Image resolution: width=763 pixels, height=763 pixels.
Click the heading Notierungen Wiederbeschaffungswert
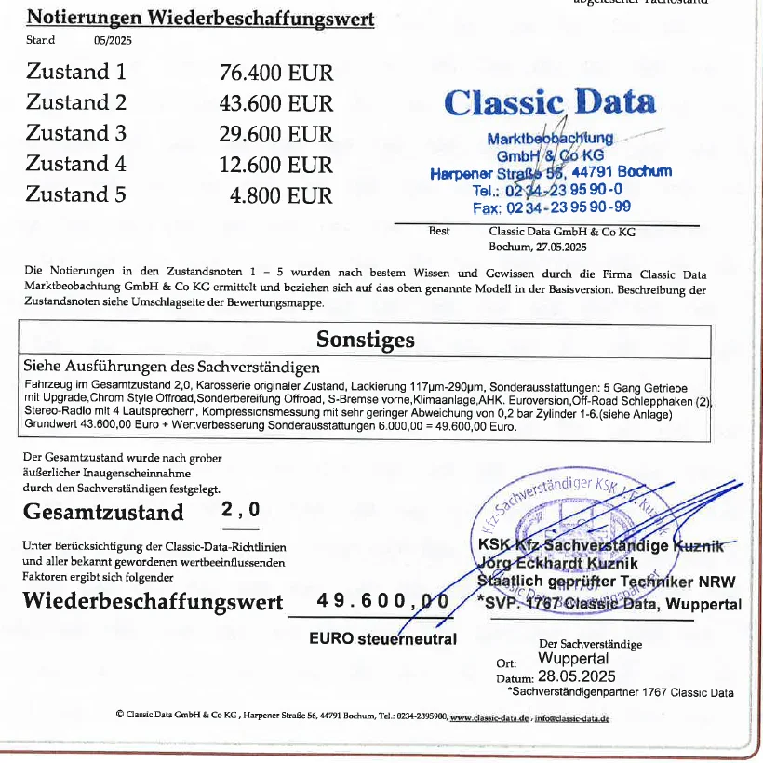click(x=200, y=18)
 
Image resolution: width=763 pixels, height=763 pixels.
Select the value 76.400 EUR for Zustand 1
click(x=275, y=73)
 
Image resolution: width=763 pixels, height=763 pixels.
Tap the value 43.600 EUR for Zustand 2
click(x=275, y=103)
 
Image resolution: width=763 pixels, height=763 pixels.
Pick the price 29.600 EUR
click(x=275, y=134)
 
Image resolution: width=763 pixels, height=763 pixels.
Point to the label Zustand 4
click(x=75, y=165)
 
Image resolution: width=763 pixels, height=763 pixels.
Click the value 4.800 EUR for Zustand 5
click(x=281, y=195)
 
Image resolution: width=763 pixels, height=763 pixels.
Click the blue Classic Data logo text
click(x=550, y=101)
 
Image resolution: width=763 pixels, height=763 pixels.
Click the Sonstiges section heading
click(x=365, y=339)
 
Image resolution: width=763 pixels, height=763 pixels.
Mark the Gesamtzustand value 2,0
click(x=241, y=510)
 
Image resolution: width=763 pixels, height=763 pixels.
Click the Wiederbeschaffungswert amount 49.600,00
click(x=381, y=601)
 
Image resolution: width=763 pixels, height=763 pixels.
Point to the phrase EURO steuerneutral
click(x=382, y=638)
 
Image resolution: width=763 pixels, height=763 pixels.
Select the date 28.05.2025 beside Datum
click(x=577, y=676)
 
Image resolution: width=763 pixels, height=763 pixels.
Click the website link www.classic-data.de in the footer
click(x=489, y=717)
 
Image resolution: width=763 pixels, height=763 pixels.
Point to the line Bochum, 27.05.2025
click(x=538, y=247)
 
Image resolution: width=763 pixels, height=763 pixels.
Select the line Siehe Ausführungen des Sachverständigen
click(x=171, y=368)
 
